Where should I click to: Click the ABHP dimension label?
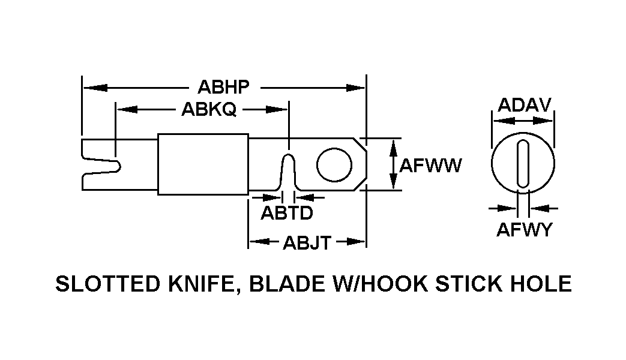pos(223,88)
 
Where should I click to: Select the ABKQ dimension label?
pos(208,109)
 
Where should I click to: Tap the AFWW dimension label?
pos(430,165)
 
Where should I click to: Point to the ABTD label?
pos(286,212)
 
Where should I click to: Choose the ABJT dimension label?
pos(307,242)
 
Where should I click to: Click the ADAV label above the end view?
pos(524,105)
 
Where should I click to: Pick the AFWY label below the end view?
pos(523,229)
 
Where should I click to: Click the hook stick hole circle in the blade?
pos(334,164)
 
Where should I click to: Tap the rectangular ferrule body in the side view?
pos(203,164)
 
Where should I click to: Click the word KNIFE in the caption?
pos(194,283)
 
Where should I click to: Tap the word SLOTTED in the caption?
pos(99,283)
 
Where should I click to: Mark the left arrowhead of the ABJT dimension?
pos(256,242)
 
